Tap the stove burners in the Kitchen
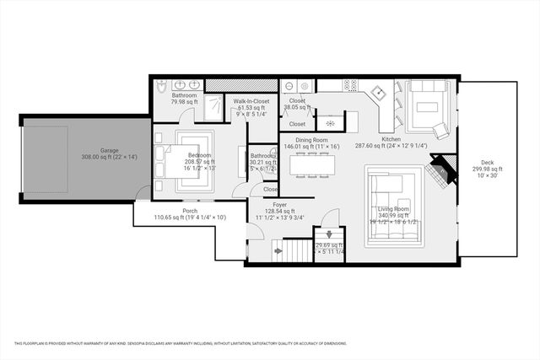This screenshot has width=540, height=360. click(349, 85)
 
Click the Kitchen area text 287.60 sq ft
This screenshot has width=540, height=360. click(391, 146)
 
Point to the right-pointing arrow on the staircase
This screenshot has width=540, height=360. click(278, 251)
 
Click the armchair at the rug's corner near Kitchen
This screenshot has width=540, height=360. click(441, 131)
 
